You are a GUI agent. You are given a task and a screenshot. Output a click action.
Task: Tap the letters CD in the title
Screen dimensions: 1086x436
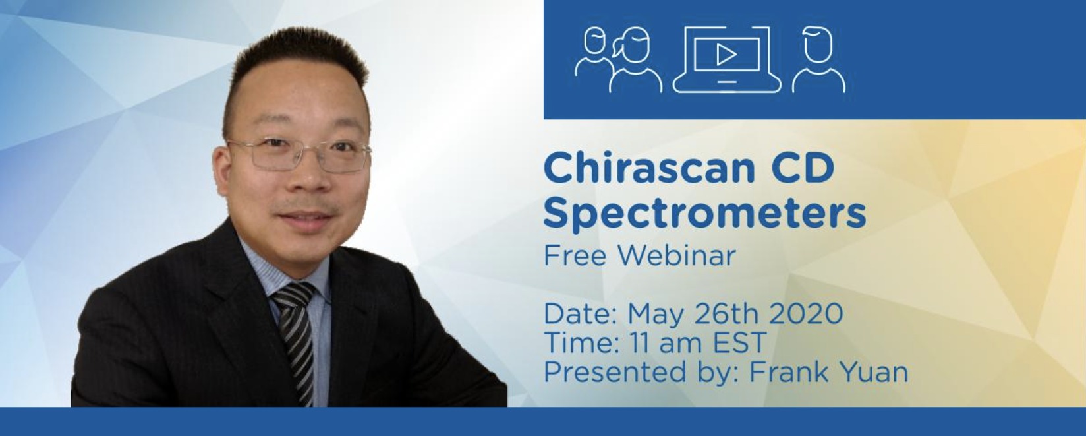pos(803,168)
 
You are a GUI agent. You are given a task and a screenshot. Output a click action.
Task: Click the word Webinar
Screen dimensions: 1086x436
pos(677,255)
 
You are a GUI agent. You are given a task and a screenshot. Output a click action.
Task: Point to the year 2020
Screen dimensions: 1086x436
pos(806,314)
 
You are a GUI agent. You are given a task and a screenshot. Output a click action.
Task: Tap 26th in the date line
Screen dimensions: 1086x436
pos(728,314)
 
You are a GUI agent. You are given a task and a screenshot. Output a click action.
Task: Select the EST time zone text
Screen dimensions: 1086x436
pos(739,343)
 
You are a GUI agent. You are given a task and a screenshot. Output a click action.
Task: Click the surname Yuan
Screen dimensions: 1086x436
pos(873,373)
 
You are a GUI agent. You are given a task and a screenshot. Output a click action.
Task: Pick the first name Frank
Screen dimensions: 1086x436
pos(789,373)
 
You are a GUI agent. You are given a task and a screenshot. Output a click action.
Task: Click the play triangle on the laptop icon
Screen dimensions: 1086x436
pos(726,55)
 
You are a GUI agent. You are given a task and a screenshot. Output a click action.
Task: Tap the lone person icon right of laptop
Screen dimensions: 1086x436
pos(818,59)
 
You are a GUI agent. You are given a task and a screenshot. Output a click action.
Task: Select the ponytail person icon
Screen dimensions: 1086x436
pos(635,59)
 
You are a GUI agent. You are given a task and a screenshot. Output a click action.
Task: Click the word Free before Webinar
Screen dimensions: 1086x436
pos(575,255)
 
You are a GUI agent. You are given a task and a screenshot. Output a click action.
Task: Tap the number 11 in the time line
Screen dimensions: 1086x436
pos(638,343)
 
